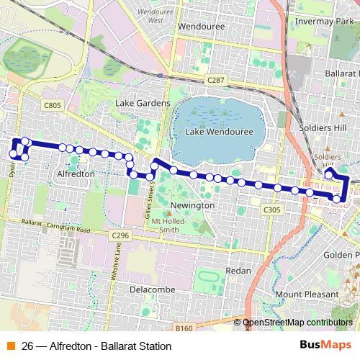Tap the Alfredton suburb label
pyautogui.click(x=76, y=174)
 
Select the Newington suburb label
pyautogui.click(x=193, y=205)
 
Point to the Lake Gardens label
pyautogui.click(x=143, y=103)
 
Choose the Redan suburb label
pyautogui.click(x=238, y=271)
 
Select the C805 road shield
pyautogui.click(x=52, y=105)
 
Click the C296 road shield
pyautogui.click(x=120, y=235)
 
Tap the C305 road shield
pyautogui.click(x=271, y=210)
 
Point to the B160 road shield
pyautogui.click(x=184, y=328)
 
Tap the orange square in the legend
pyautogui.click(x=10, y=343)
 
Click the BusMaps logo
pyautogui.click(x=325, y=343)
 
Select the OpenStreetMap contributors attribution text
pyautogui.click(x=297, y=323)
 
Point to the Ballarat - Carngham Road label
pyautogui.click(x=58, y=228)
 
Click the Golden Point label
pyautogui.click(x=341, y=255)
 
